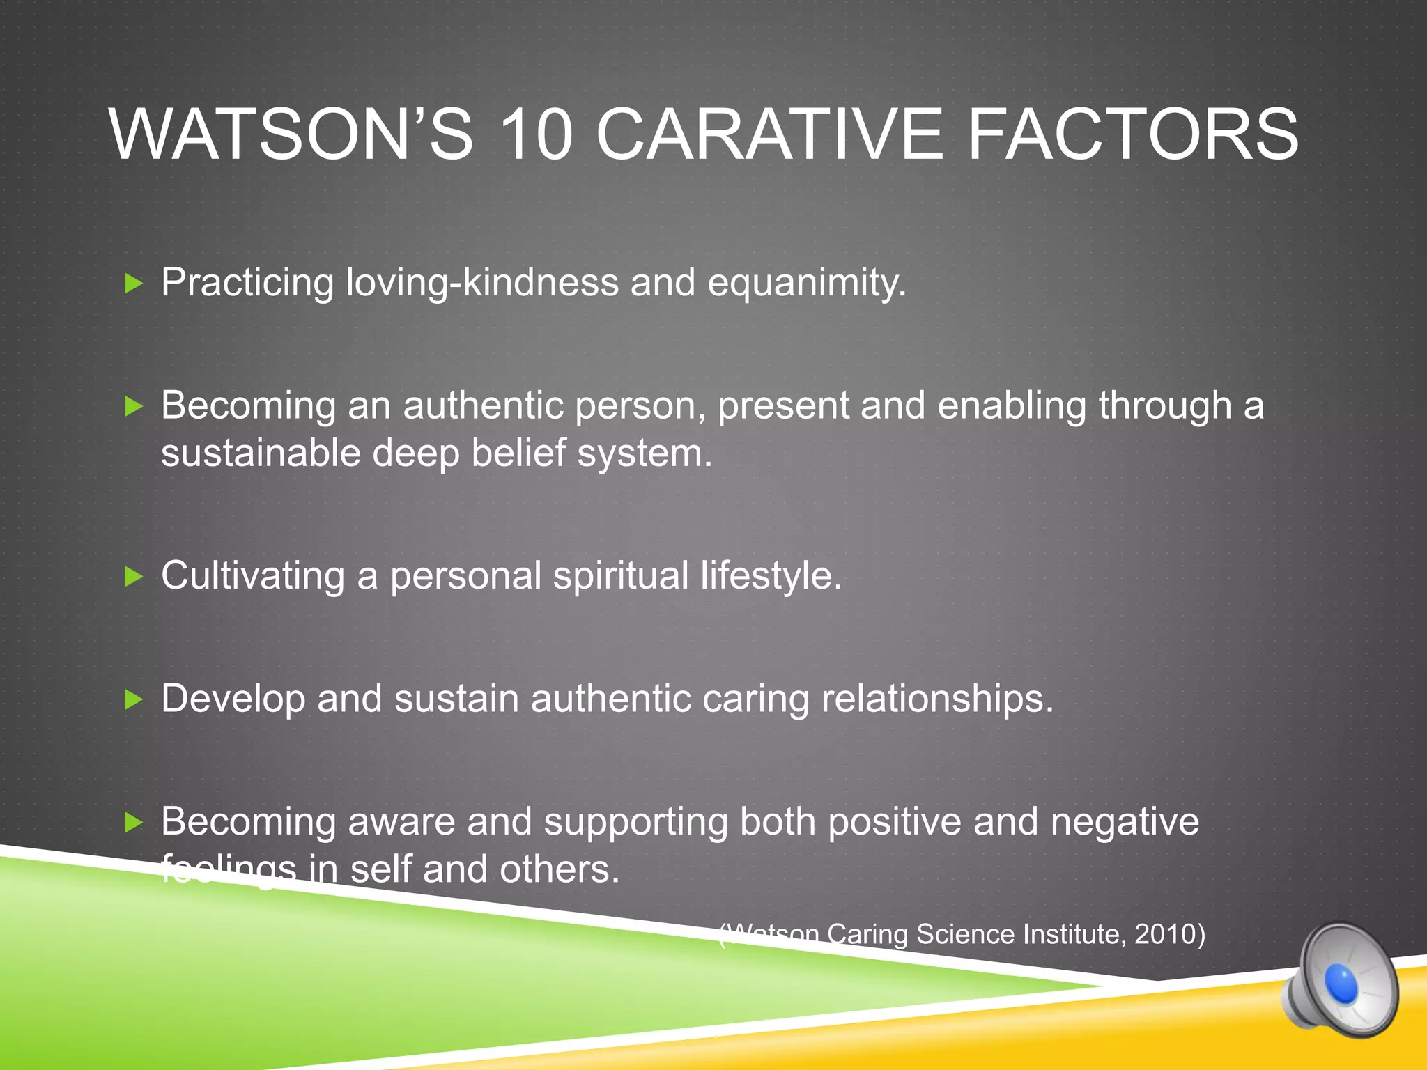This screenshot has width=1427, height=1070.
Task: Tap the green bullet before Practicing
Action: [133, 284]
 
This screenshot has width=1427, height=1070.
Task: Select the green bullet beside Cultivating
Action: [133, 577]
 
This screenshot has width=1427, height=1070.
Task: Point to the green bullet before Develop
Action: [133, 699]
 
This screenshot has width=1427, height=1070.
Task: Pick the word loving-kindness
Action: [482, 282]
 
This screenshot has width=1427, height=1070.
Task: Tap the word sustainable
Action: [260, 453]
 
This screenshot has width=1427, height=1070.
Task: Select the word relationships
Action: [937, 699]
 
